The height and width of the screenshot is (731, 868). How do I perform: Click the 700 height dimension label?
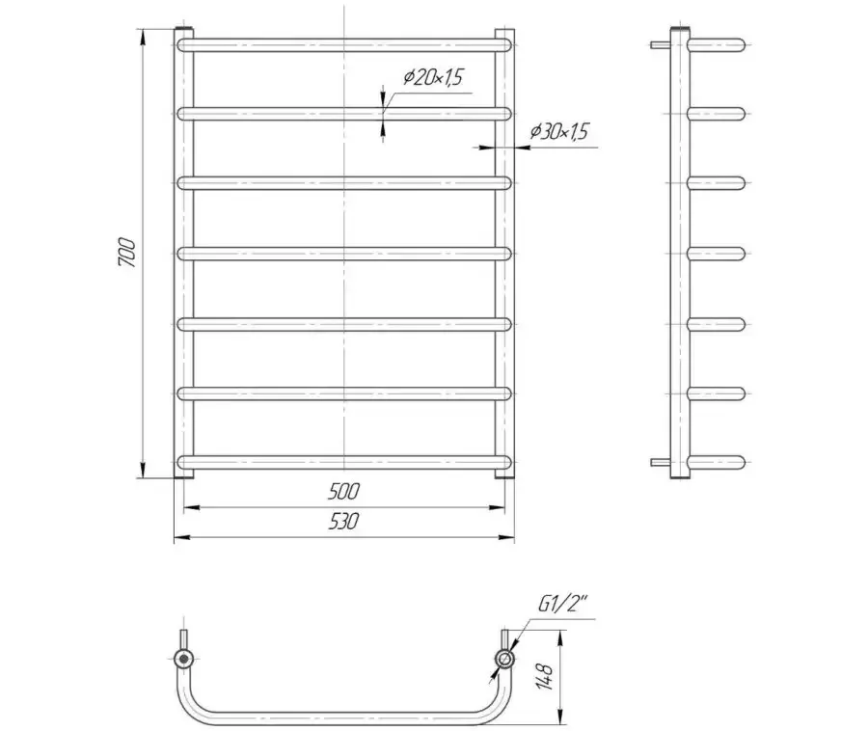tap(126, 253)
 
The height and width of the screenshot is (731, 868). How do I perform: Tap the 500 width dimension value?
tap(343, 491)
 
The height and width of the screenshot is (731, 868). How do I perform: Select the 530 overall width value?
tap(343, 521)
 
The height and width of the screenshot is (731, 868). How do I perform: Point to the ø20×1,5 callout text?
tap(432, 77)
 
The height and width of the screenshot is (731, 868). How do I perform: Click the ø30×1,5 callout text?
tap(559, 131)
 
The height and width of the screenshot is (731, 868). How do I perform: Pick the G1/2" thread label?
tap(562, 605)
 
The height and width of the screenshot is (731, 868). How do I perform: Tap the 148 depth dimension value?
tap(545, 676)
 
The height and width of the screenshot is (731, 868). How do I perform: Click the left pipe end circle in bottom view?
tap(182, 659)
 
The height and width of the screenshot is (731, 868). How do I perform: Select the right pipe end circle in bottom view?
tap(504, 659)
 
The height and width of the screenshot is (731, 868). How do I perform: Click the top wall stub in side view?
tap(661, 44)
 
